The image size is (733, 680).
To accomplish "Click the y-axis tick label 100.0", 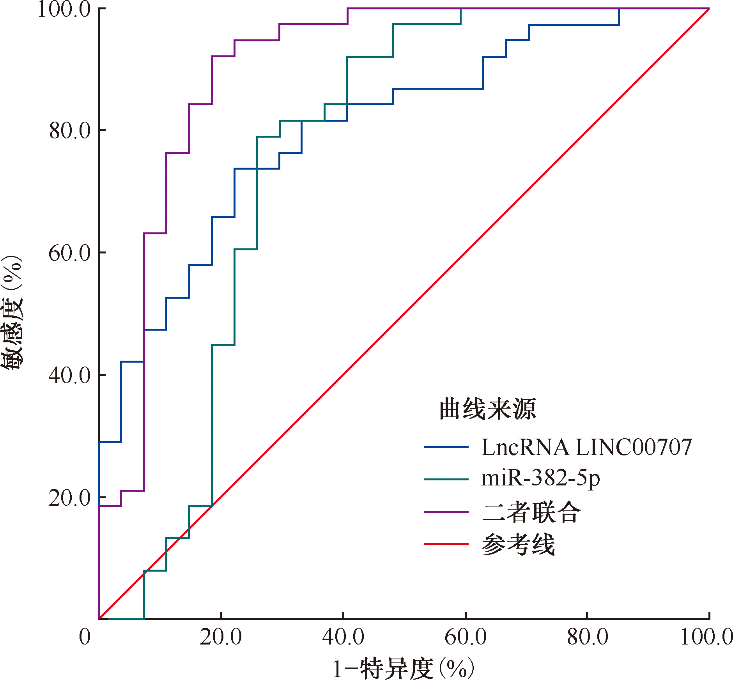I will pyautogui.click(x=64, y=9).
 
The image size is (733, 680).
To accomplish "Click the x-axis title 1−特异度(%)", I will pyautogui.click(x=404, y=668).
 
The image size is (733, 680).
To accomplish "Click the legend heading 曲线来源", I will pyautogui.click(x=488, y=409).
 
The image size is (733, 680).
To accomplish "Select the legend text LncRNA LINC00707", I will pyautogui.click(x=586, y=447).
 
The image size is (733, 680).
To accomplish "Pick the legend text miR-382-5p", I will pyautogui.click(x=540, y=478).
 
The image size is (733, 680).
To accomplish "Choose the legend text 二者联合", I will pyautogui.click(x=531, y=512).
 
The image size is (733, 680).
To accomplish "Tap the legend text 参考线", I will pyautogui.click(x=519, y=544).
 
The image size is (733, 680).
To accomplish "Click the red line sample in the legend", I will pyautogui.click(x=446, y=544).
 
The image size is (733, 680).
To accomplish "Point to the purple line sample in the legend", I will pyautogui.click(x=446, y=512).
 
